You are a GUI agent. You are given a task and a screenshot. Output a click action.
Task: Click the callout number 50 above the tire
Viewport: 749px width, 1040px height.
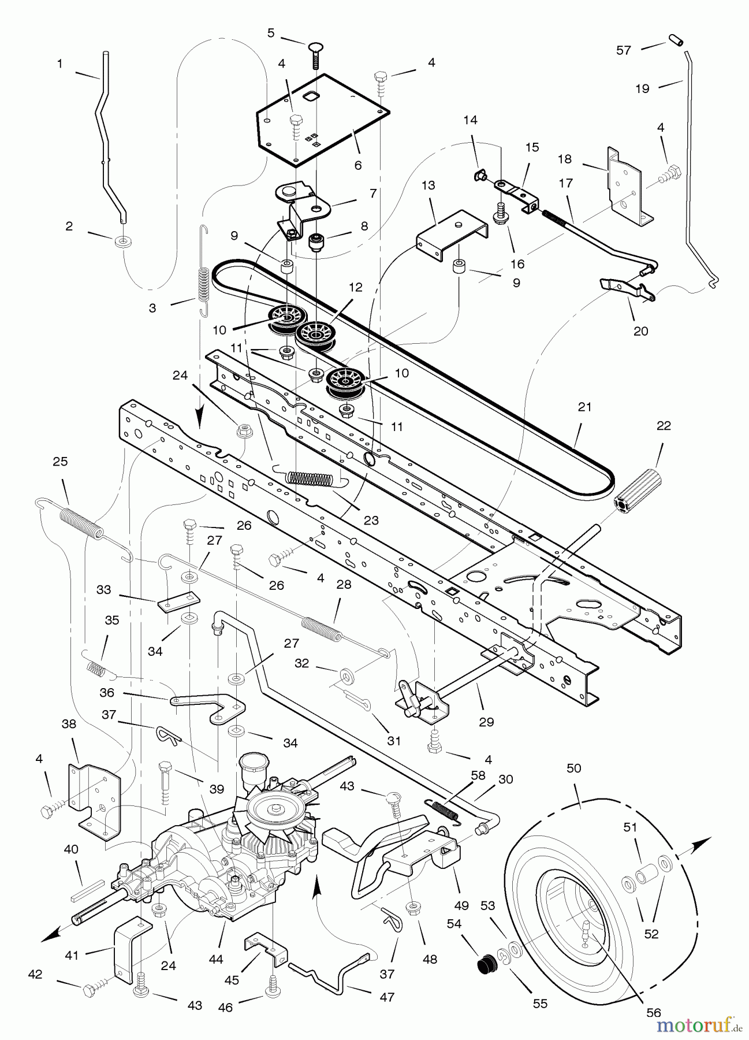pos(574,768)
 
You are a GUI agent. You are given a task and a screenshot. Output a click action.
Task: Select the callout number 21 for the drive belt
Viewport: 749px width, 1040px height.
pos(584,407)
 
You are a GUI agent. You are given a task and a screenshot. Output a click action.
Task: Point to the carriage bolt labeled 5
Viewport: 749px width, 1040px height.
pos(315,55)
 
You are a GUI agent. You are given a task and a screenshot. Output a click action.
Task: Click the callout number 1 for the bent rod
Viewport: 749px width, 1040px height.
pos(60,65)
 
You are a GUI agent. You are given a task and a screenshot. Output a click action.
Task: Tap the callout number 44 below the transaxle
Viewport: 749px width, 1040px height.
pos(216,960)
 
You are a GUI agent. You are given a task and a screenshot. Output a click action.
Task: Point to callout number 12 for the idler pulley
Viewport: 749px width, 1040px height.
pos(356,287)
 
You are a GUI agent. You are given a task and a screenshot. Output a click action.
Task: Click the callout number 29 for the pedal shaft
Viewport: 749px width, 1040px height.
pos(486,722)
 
